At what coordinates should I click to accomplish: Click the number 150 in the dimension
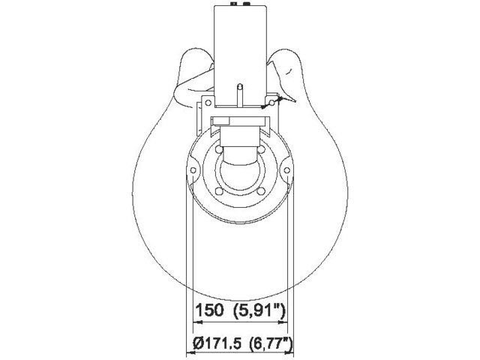208,310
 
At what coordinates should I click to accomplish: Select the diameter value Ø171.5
217,344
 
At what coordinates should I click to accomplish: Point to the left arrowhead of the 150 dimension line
196,322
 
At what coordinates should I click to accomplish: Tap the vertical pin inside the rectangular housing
239,94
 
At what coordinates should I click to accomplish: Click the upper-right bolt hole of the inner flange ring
262,151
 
